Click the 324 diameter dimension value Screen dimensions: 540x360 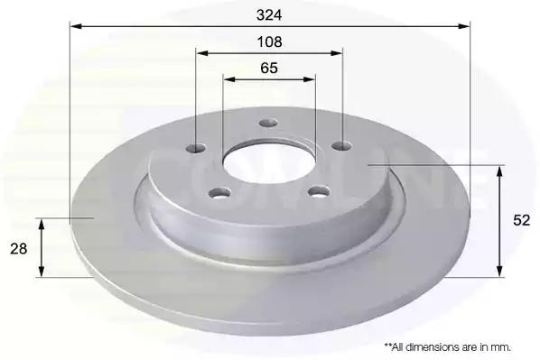click(269, 15)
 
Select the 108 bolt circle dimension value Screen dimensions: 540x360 click(269, 42)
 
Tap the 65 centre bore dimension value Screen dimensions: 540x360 click(269, 69)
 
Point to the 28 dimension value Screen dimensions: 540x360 click(19, 248)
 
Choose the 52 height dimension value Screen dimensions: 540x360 click(521, 220)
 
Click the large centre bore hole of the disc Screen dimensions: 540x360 click(269, 162)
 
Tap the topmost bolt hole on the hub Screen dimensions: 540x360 click(268, 123)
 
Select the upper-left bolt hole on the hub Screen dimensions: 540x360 click(196, 148)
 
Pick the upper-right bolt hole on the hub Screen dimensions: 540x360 click(341, 146)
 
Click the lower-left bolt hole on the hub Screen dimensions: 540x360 click(219, 192)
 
